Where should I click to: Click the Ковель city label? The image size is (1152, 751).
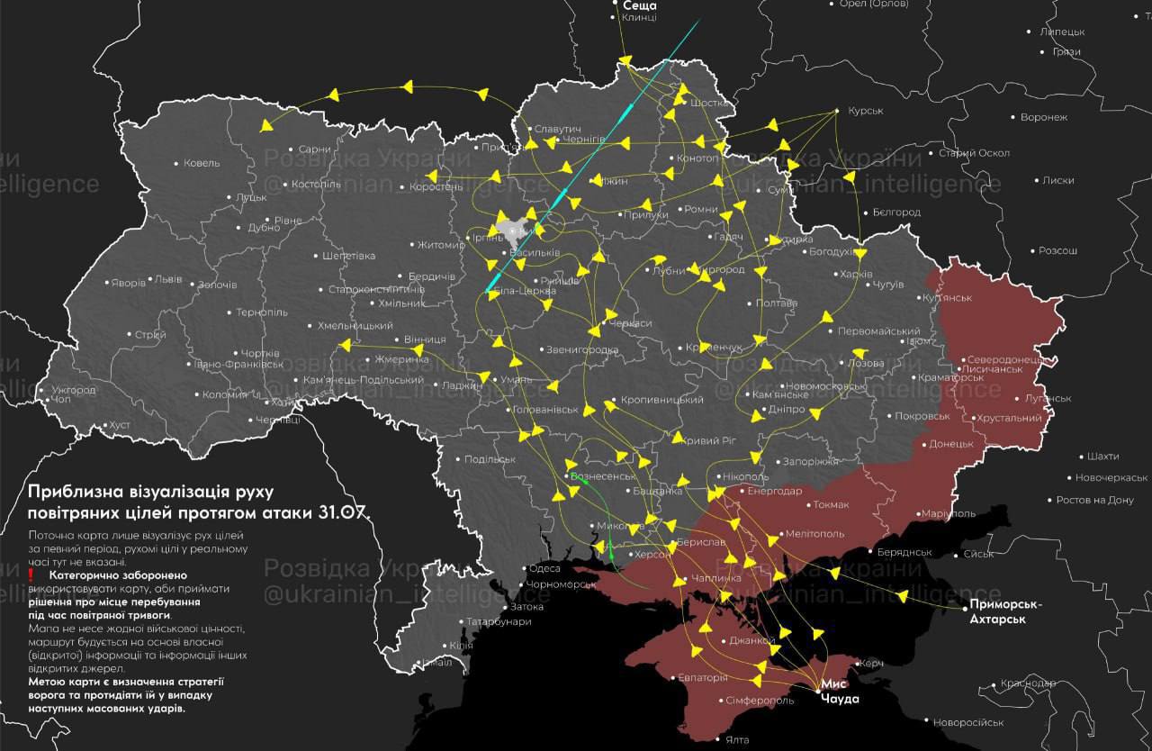pos(201,163)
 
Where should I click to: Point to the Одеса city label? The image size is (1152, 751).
pos(544,568)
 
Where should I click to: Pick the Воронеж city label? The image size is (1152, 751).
pos(1044,117)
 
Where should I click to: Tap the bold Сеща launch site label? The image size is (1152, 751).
pos(639,5)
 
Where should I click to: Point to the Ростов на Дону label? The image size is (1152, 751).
pos(1094,500)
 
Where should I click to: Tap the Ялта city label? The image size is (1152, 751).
pos(736,740)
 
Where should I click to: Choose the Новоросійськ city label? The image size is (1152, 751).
pos(968,722)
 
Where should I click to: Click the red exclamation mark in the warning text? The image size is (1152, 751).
pos(31,575)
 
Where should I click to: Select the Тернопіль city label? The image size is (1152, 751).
pos(262,312)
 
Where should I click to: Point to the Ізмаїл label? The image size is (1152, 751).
pos(436,663)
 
